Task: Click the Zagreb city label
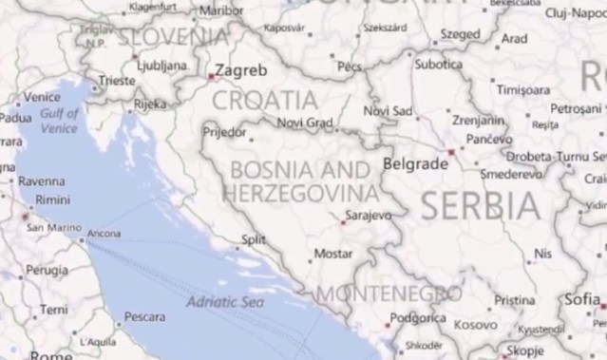(241, 69)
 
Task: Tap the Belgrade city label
(414, 163)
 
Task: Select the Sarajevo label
(369, 216)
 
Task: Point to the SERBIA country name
(481, 204)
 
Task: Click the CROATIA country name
(265, 100)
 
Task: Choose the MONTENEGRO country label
(389, 294)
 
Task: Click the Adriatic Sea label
(224, 301)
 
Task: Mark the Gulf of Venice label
(60, 121)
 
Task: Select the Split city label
(254, 239)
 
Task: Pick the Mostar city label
(332, 255)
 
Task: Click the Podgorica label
(419, 318)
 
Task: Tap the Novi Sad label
(388, 112)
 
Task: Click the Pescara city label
(145, 316)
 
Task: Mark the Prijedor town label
(224, 131)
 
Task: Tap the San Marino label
(53, 228)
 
